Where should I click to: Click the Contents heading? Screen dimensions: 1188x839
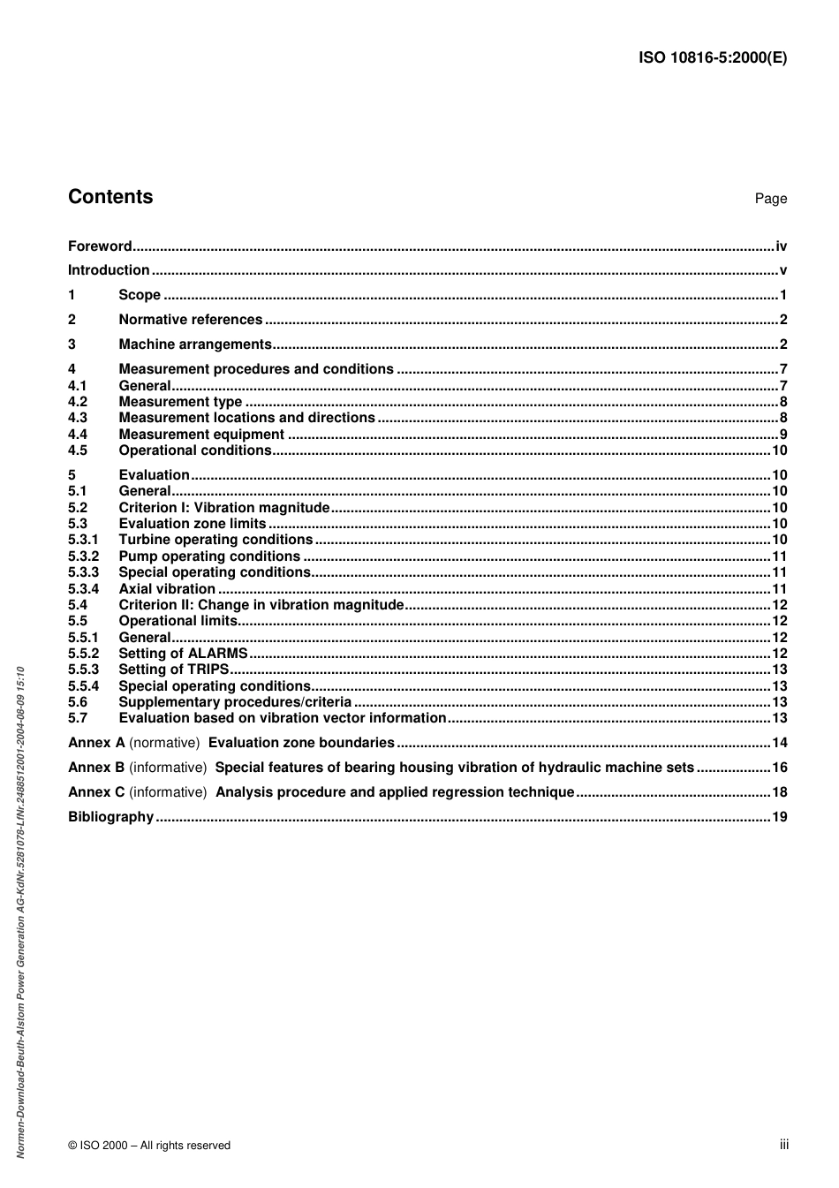click(110, 197)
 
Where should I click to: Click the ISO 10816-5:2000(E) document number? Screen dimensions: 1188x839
click(712, 58)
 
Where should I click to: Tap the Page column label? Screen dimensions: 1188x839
click(770, 199)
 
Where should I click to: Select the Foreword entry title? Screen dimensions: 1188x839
click(100, 246)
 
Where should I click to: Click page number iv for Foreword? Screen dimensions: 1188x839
click(781, 246)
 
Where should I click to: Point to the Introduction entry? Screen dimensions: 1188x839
click(109, 270)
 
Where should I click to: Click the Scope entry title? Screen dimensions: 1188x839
click(140, 295)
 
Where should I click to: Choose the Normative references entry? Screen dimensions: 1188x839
click(190, 320)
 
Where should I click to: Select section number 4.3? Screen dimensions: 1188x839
click(78, 418)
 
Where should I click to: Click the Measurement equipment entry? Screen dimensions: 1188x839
click(201, 435)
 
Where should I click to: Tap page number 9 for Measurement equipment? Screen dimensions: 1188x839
click(782, 435)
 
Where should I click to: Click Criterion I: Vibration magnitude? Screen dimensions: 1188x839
click(223, 508)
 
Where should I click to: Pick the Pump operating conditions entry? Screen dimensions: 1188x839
click(209, 556)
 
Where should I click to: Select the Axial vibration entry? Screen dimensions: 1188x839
click(167, 589)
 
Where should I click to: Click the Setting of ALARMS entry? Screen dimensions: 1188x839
click(183, 654)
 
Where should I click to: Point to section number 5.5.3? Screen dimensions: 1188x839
click(83, 670)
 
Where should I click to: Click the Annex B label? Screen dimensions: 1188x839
click(96, 768)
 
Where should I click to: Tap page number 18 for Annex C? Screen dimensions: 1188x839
click(779, 792)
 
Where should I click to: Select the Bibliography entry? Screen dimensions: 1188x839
click(110, 817)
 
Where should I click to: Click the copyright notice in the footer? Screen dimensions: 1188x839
click(149, 1146)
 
